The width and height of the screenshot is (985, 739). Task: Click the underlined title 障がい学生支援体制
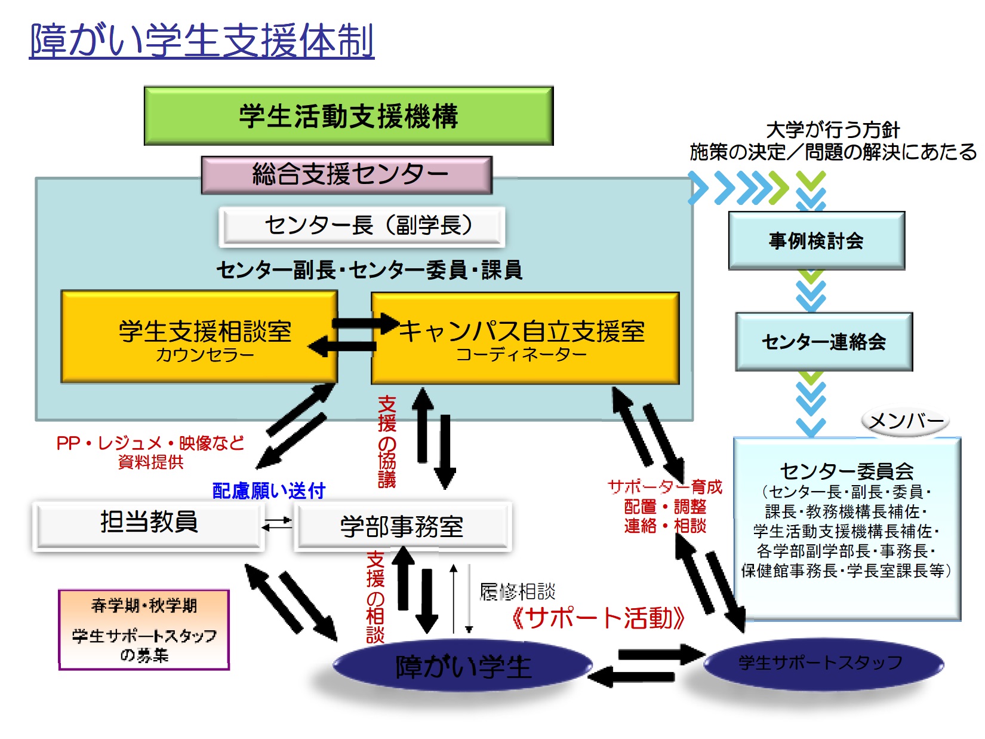(x=202, y=41)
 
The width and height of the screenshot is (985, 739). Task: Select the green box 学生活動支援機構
(x=349, y=116)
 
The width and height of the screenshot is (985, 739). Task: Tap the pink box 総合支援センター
(x=347, y=175)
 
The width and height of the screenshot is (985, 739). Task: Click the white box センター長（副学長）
(x=362, y=226)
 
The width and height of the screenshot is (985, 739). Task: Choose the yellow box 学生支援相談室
(x=199, y=337)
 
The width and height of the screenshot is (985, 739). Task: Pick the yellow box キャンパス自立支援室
(x=525, y=338)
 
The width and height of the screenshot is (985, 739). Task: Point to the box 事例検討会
(x=816, y=241)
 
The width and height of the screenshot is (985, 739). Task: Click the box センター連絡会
(x=824, y=342)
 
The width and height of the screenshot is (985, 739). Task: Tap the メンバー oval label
(x=906, y=421)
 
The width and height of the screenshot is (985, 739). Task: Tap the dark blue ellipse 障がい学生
(x=463, y=667)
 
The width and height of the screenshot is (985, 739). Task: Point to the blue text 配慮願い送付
(x=269, y=491)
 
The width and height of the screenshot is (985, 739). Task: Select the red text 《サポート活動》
(x=598, y=618)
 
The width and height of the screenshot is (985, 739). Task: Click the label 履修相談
(x=518, y=592)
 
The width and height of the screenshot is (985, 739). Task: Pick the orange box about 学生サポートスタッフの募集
(x=144, y=630)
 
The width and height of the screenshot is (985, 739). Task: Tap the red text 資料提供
(x=150, y=462)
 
